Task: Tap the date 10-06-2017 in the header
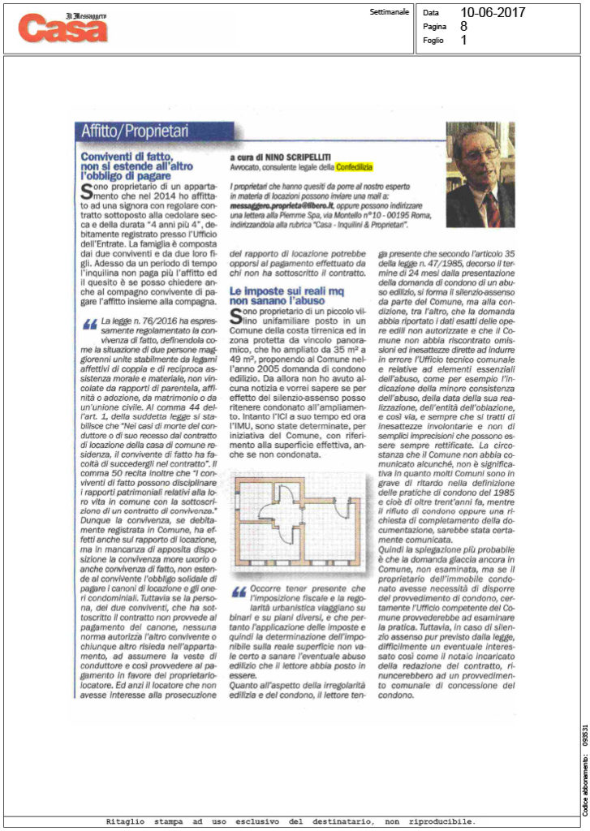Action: [x=492, y=13]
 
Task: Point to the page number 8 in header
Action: [x=463, y=27]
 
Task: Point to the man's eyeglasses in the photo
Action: [x=483, y=153]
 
